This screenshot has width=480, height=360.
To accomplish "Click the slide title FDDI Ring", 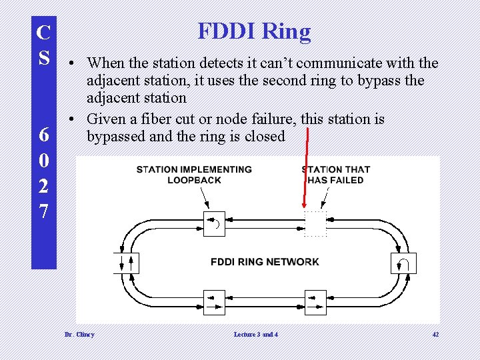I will click(254, 31).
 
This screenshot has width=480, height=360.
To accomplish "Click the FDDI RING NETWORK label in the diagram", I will click(265, 261).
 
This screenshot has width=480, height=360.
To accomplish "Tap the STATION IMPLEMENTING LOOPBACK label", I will click(194, 175).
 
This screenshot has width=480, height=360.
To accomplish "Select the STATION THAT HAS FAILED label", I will click(336, 175).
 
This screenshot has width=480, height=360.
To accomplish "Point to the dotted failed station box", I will click(315, 224).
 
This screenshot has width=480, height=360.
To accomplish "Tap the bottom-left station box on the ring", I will click(213, 301).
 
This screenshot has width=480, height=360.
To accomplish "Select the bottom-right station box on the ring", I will click(315, 301).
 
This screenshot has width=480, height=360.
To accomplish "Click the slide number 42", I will click(435, 334).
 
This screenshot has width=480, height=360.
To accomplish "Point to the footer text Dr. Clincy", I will click(79, 334).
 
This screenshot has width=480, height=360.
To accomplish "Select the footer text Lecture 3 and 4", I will click(256, 334).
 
